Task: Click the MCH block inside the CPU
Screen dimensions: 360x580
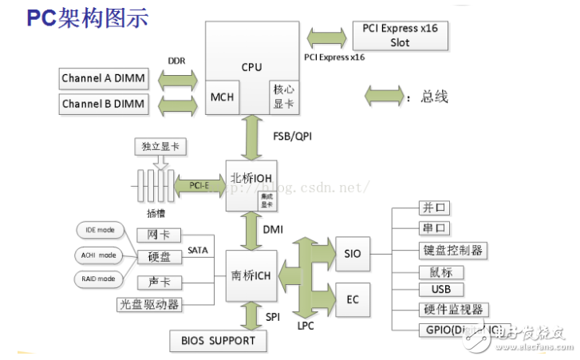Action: coord(222,97)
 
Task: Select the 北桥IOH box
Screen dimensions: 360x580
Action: coord(252,185)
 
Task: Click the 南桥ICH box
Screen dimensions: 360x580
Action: coord(252,275)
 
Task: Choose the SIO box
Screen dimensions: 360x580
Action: coord(353,254)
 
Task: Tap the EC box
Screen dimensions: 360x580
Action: coord(353,300)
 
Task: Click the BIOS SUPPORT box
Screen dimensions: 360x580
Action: coord(219,340)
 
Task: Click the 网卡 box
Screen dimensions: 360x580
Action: coord(159,235)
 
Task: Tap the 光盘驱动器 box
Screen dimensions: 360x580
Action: coord(149,304)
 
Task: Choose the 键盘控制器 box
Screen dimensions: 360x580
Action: coord(452,250)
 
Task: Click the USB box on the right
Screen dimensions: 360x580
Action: coord(441,289)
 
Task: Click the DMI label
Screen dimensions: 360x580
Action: coord(273,229)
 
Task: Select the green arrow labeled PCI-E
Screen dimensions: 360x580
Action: coord(199,185)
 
